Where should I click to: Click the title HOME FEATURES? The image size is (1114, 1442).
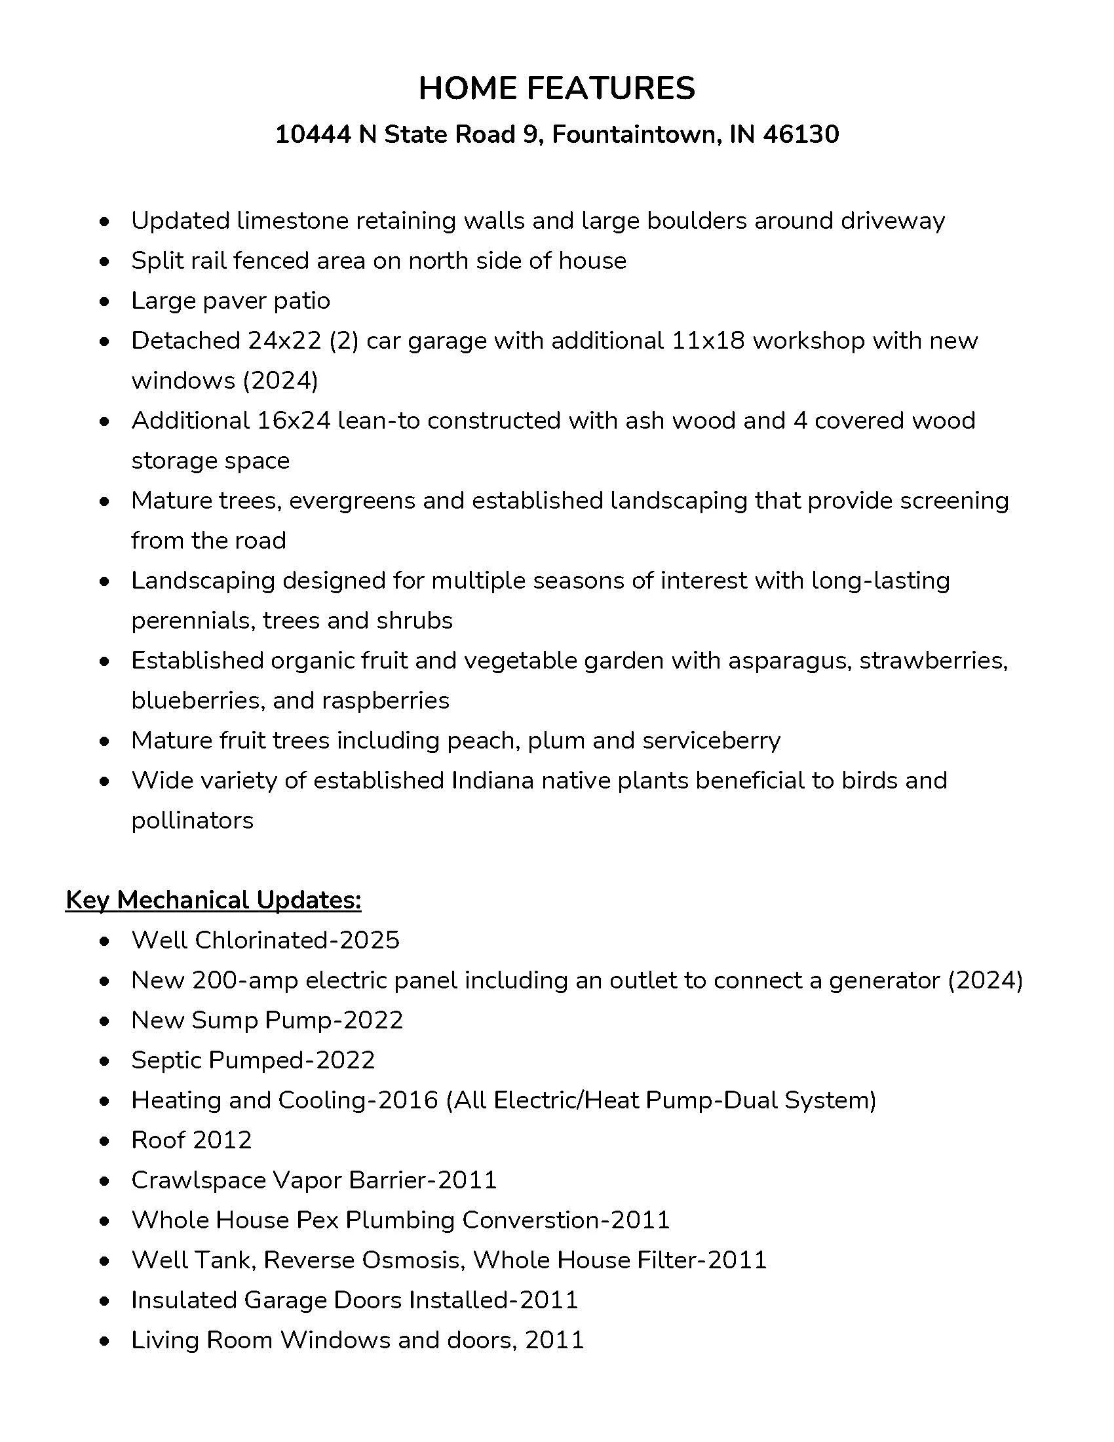pos(556,88)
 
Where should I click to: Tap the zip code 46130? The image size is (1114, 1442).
pos(801,134)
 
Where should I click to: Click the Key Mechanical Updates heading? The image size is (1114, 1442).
pos(213,900)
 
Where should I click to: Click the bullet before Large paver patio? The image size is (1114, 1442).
pos(104,302)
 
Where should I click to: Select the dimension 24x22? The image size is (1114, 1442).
pos(284,341)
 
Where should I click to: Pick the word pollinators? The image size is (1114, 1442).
pos(192,821)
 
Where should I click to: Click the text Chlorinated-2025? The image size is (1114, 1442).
pos(297,940)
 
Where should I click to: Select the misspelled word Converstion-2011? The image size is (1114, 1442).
pos(566,1220)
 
